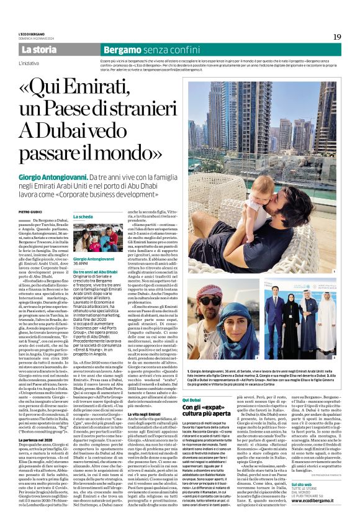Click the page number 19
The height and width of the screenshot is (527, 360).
click(336, 37)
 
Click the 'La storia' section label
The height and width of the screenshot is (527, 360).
click(38, 49)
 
